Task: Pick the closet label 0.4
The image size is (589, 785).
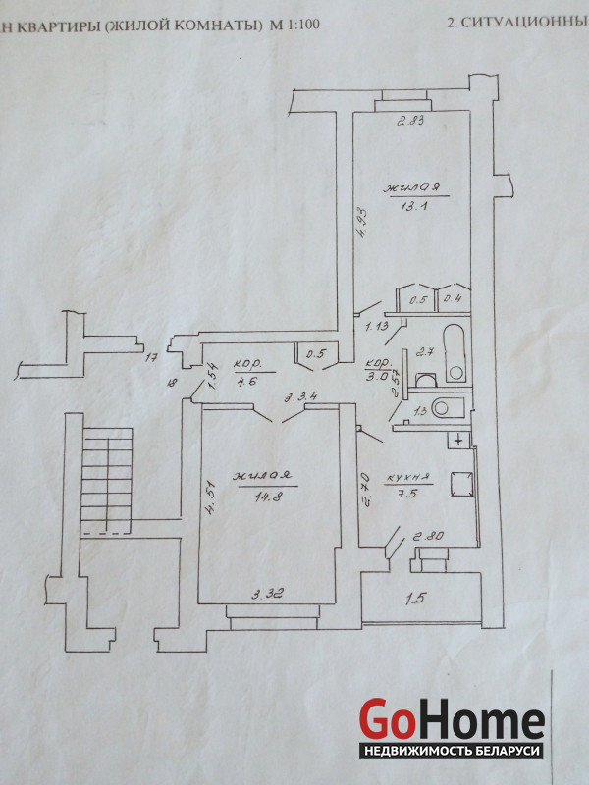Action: tap(453, 300)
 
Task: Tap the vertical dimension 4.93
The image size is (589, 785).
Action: tap(361, 227)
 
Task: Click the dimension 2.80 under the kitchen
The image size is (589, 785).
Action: tap(429, 537)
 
